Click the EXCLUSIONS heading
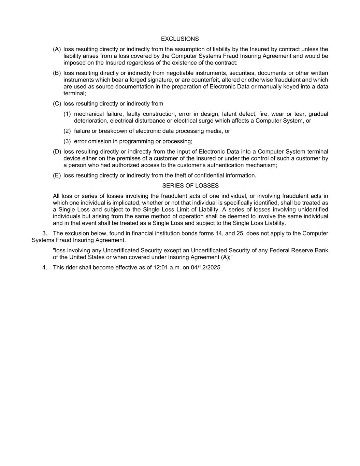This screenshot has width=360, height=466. [180, 39]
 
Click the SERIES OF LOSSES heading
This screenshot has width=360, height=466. [190, 186]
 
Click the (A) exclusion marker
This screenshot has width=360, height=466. [57, 49]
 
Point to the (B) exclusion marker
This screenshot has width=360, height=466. [57, 73]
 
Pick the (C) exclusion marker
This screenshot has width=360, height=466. [57, 104]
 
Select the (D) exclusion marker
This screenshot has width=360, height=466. [57, 152]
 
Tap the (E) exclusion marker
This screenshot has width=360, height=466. [57, 175]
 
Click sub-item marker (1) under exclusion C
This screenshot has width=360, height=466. [67, 114]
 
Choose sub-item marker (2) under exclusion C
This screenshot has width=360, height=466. [67, 131]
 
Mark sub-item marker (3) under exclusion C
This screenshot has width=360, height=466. [67, 141]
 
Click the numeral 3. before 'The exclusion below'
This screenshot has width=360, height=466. [45, 234]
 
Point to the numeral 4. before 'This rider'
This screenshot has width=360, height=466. [45, 268]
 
